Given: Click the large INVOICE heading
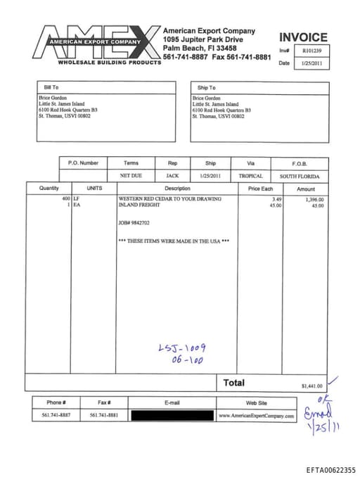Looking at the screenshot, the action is [x=303, y=37].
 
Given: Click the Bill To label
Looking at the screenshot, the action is [x=51, y=87].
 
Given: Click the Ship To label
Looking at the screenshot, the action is [x=207, y=87].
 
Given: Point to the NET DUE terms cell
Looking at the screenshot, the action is [x=131, y=176].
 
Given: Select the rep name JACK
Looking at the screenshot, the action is [x=172, y=176].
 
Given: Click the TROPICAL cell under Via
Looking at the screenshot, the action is [x=251, y=176].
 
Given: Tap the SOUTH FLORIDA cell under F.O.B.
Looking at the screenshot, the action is [x=300, y=176].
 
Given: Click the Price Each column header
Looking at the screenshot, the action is [x=260, y=189].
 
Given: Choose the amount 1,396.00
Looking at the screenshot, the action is [x=314, y=199].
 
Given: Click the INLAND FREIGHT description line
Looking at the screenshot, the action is [x=137, y=205].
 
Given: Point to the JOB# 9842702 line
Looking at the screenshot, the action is [x=134, y=222].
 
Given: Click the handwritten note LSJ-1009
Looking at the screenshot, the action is [x=182, y=348].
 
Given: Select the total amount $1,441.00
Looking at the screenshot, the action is [x=311, y=386].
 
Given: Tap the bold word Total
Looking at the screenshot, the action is [x=234, y=383].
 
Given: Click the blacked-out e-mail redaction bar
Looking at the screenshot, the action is [x=172, y=416].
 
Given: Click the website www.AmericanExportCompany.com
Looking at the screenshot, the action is [x=256, y=416].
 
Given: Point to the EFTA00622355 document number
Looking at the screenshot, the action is [x=330, y=469].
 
